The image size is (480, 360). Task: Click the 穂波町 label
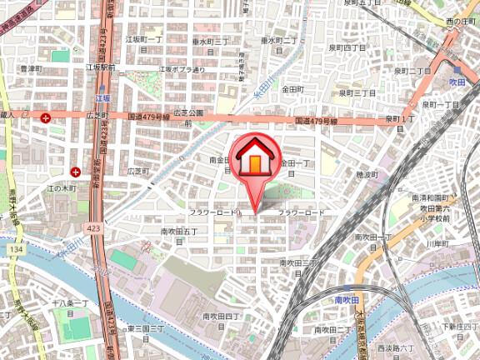367,174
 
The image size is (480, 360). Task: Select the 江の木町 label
38,188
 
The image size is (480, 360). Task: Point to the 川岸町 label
437,243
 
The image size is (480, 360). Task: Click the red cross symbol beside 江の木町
76,172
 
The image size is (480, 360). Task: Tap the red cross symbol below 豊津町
42,118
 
